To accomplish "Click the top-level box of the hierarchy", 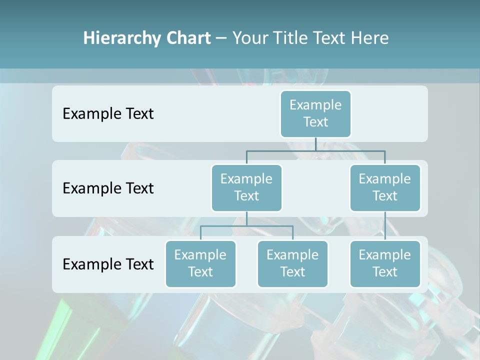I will pyautogui.click(x=315, y=113).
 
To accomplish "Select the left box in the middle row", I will pyautogui.click(x=246, y=187).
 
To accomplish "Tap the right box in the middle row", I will pyautogui.click(x=385, y=187).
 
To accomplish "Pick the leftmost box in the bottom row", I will pyautogui.click(x=200, y=263).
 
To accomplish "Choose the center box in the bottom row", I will pyautogui.click(x=292, y=263).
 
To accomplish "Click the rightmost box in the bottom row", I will pyautogui.click(x=385, y=263).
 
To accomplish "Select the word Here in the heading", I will pyautogui.click(x=371, y=38).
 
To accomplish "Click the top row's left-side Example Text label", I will pyautogui.click(x=108, y=114).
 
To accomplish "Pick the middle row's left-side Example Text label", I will pyautogui.click(x=108, y=188).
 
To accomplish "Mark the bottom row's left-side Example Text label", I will pyautogui.click(x=108, y=264).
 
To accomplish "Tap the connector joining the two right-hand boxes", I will pyautogui.click(x=385, y=226).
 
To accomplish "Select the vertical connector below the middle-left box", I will pyautogui.click(x=246, y=218).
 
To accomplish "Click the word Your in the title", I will pyautogui.click(x=249, y=38).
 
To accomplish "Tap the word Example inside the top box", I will pyautogui.click(x=315, y=105).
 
